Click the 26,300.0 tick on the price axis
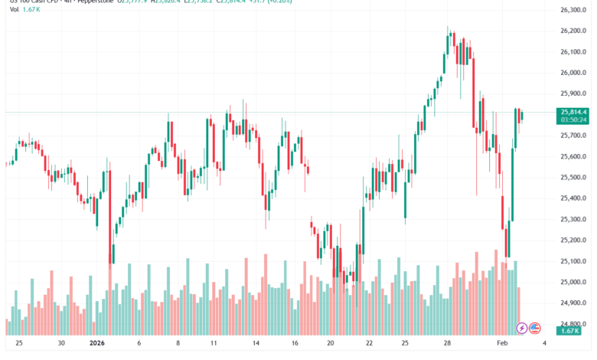(x=573, y=10)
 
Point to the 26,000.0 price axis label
(x=573, y=73)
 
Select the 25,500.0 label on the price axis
(x=573, y=178)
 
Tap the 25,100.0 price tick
(x=573, y=261)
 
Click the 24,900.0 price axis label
(x=573, y=303)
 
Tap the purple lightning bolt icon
(x=522, y=327)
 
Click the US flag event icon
(x=535, y=327)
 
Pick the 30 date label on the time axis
(x=60, y=345)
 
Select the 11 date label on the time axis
(x=214, y=345)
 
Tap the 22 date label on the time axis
(x=370, y=345)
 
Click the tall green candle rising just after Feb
(x=512, y=184)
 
